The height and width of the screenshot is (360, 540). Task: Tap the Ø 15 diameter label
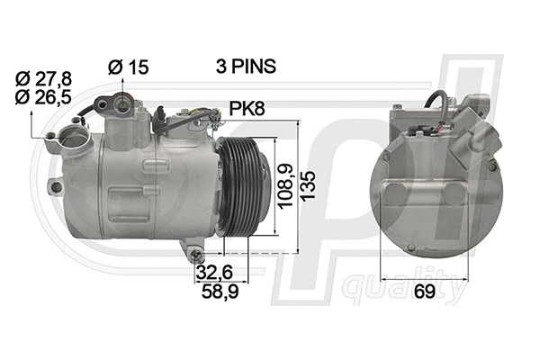click(x=126, y=66)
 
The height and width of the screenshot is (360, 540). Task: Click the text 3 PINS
click(x=245, y=66)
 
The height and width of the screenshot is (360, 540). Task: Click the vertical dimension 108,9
click(x=284, y=186)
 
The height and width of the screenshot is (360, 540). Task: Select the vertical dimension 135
click(x=310, y=186)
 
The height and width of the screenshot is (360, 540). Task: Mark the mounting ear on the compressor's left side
click(x=56, y=187)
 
